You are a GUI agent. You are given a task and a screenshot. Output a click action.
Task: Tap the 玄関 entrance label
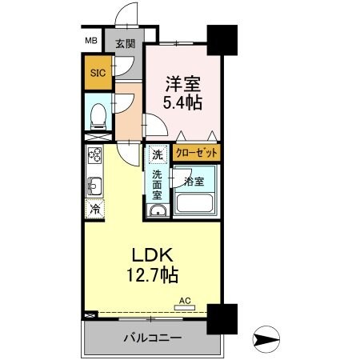(126, 44)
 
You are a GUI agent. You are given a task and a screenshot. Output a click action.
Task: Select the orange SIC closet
(97, 72)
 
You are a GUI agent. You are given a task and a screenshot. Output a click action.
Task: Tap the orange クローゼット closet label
(197, 152)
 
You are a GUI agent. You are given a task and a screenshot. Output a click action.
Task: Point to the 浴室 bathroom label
(194, 182)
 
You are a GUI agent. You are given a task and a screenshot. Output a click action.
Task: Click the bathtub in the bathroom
(197, 202)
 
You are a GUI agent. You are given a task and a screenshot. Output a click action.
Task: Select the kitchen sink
(94, 186)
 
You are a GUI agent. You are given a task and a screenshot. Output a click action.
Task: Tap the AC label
(185, 301)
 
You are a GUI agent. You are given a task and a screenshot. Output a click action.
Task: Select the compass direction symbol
(266, 339)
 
